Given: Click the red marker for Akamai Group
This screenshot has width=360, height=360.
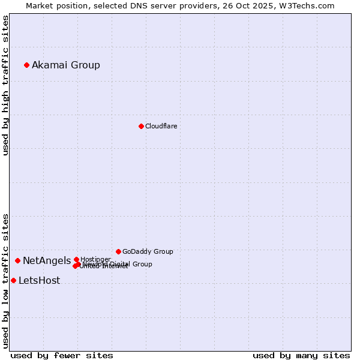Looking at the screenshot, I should pyautogui.click(x=26, y=65).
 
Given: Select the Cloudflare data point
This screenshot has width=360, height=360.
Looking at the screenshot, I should pyautogui.click(x=141, y=126).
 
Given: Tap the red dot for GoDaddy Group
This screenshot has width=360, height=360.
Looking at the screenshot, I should pyautogui.click(x=118, y=251).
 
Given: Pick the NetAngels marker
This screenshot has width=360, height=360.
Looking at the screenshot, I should pyautogui.click(x=17, y=260).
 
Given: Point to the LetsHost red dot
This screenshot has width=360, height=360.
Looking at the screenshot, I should pyautogui.click(x=13, y=280).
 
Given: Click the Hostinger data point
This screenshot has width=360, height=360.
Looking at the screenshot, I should pyautogui.click(x=76, y=259).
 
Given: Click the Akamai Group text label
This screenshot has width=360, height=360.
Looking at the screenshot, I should pyautogui.click(x=66, y=65).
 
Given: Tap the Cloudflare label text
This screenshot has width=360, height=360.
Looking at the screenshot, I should pyautogui.click(x=161, y=126).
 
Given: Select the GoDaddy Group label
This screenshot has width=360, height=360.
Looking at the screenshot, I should pyautogui.click(x=148, y=251).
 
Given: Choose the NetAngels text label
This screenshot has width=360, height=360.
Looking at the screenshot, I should pyautogui.click(x=47, y=260).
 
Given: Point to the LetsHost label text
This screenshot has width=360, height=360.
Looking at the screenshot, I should pyautogui.click(x=39, y=280).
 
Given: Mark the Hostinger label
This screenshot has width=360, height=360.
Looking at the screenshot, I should pyautogui.click(x=95, y=259).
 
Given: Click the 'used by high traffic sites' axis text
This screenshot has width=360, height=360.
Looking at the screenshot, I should pyautogui.click(x=5, y=85).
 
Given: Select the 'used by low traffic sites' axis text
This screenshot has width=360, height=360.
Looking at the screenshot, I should pyautogui.click(x=5, y=280).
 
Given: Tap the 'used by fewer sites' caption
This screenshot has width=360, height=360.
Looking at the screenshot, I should pyautogui.click(x=62, y=355).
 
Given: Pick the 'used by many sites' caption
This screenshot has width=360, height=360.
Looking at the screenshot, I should pyautogui.click(x=301, y=355).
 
